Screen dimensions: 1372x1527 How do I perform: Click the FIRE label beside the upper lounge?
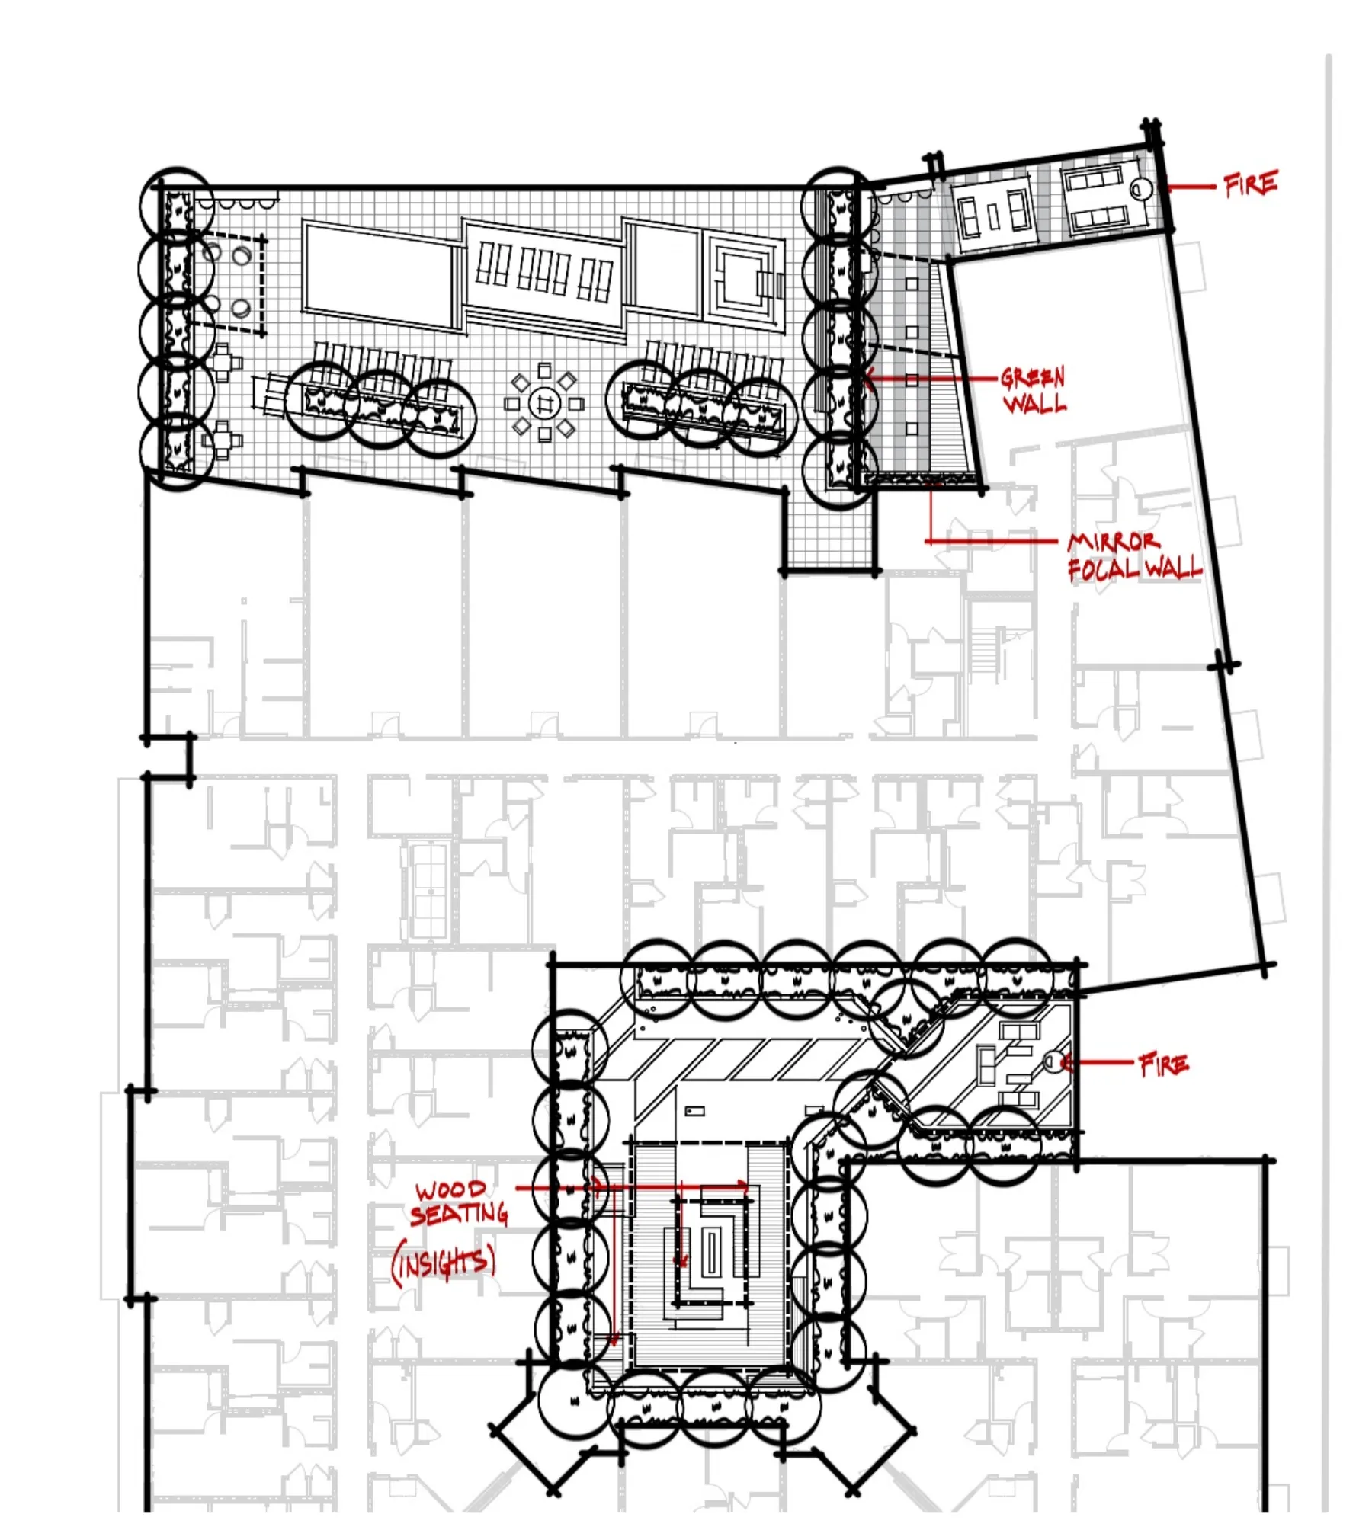pyautogui.click(x=1250, y=184)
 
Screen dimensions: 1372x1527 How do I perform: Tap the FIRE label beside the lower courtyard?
pyautogui.click(x=1163, y=1064)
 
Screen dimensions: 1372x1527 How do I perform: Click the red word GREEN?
pyautogui.click(x=1032, y=376)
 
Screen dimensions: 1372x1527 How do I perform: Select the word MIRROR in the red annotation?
pyautogui.click(x=1114, y=542)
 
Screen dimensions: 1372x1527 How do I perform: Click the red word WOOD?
pyautogui.click(x=450, y=1189)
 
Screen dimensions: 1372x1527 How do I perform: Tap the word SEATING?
pyautogui.click(x=460, y=1213)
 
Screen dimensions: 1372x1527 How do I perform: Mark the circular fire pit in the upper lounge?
pyautogui.click(x=1141, y=188)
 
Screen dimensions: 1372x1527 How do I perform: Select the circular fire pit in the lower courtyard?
pyautogui.click(x=1053, y=1061)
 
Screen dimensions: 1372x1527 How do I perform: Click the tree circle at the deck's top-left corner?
pyautogui.click(x=177, y=205)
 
